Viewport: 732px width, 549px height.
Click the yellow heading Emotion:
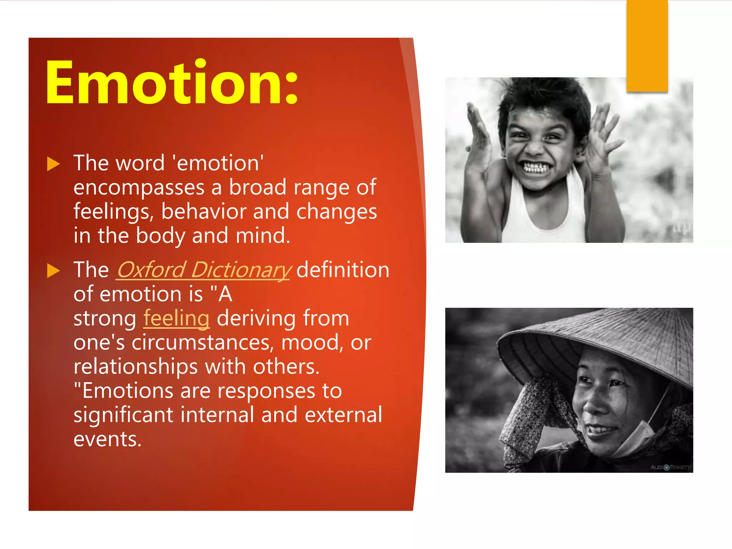click(172, 83)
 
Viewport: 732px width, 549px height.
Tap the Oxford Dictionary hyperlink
click(204, 270)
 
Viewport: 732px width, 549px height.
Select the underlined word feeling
click(176, 318)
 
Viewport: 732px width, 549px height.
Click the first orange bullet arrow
click(53, 164)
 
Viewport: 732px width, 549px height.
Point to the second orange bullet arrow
click(53, 271)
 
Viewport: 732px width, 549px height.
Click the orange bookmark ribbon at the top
click(647, 46)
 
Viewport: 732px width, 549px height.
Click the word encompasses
click(139, 188)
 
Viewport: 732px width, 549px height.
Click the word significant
click(123, 415)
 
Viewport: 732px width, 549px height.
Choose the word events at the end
click(107, 439)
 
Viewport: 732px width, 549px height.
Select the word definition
click(342, 270)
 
